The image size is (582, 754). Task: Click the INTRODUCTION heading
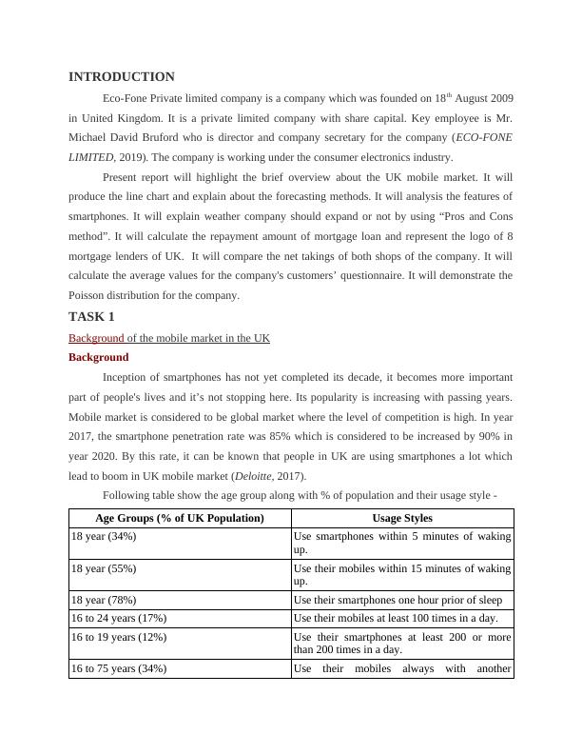pyautogui.click(x=122, y=77)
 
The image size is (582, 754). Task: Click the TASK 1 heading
pyautogui.click(x=91, y=317)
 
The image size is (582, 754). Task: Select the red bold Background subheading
pyautogui.click(x=98, y=358)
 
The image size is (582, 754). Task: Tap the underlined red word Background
pyautogui.click(x=96, y=338)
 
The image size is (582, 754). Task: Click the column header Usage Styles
pyautogui.click(x=401, y=518)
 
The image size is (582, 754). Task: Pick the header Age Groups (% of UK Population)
pyautogui.click(x=180, y=518)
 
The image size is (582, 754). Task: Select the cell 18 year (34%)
pyautogui.click(x=104, y=537)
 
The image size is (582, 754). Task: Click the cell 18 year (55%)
pyautogui.click(x=104, y=568)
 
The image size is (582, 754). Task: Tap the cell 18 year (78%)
pyautogui.click(x=104, y=600)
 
